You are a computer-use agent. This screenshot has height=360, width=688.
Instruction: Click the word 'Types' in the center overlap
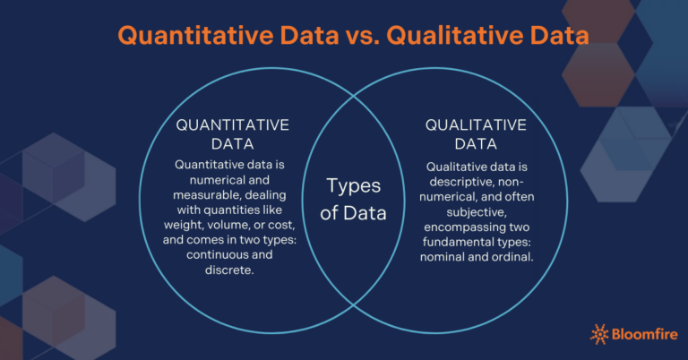pos(353,186)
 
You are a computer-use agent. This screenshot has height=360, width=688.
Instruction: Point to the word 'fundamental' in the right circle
pos(462,243)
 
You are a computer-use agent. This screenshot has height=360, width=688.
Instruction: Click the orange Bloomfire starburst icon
pos(600,335)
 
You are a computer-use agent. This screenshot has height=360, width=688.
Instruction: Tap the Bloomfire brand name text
pos(644,335)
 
